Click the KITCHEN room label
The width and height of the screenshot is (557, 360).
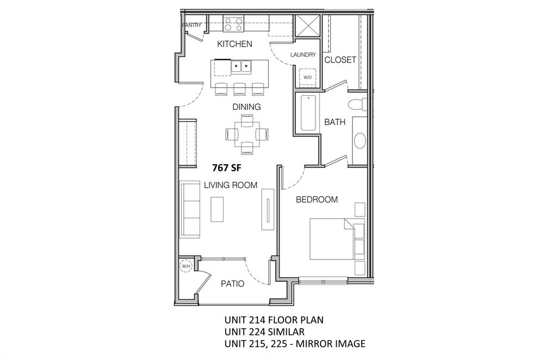coord(234,44)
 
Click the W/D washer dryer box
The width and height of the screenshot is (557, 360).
coord(307,77)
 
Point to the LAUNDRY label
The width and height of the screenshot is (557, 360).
coord(303,55)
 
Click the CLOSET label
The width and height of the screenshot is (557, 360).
coord(340,60)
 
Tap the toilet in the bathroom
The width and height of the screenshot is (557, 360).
coord(357,104)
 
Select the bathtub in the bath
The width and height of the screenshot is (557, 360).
coord(308,113)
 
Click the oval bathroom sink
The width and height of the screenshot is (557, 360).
coord(360,140)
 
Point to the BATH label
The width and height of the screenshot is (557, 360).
coord(335,122)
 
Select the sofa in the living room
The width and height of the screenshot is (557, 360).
coord(190,209)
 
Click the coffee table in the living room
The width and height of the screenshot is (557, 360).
coord(217,209)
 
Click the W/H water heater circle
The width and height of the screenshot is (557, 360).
coord(186,266)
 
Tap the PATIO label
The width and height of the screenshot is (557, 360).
coord(232,284)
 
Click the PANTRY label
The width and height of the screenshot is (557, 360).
coord(191,25)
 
